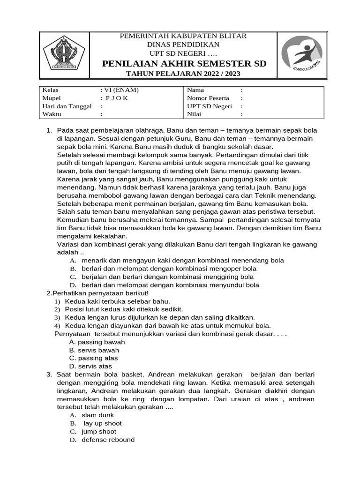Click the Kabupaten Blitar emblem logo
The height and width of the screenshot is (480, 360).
63,55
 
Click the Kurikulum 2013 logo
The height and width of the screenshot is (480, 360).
302,55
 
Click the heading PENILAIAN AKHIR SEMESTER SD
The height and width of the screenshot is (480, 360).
184,63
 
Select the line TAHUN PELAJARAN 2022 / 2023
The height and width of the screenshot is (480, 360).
184,74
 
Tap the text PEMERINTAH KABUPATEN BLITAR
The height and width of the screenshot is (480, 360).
184,36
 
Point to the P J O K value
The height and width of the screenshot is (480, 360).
114,98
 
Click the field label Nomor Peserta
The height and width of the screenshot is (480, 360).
208,98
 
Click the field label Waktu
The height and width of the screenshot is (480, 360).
52,114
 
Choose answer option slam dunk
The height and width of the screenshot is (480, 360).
97,415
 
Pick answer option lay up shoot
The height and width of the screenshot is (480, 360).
102,423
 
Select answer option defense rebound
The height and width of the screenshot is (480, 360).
108,440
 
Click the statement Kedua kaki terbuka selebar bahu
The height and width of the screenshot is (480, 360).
117,301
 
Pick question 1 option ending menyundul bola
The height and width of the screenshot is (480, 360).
170,285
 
